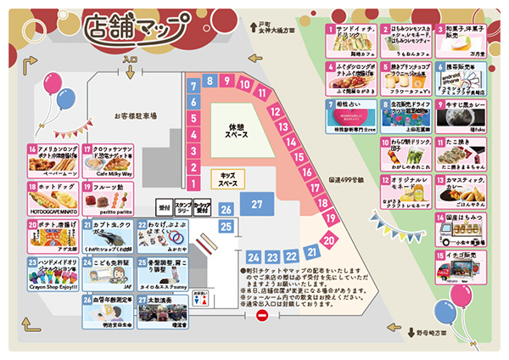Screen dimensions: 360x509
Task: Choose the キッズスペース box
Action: click(227, 179)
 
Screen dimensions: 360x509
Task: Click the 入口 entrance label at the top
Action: click(130, 60)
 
